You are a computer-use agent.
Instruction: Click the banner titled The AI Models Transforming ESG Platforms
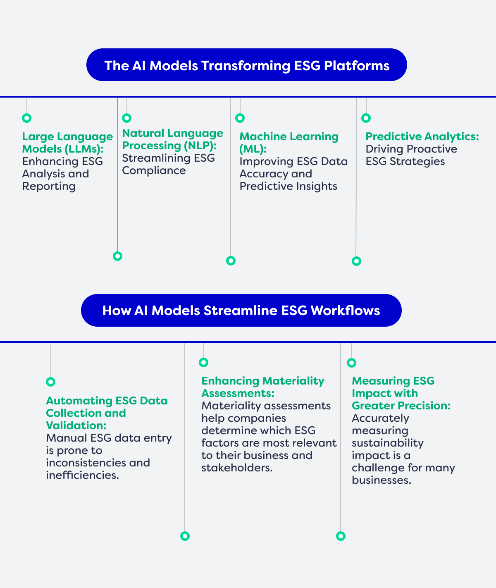pyautogui.click(x=247, y=65)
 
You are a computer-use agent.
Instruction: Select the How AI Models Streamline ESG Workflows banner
pyautogui.click(x=241, y=310)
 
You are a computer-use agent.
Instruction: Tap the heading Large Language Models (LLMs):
pyautogui.click(x=67, y=143)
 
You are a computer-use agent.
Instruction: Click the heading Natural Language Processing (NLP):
pyautogui.click(x=172, y=139)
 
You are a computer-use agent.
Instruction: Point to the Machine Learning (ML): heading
pyautogui.click(x=289, y=143)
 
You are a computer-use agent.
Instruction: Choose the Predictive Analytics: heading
pyautogui.click(x=422, y=136)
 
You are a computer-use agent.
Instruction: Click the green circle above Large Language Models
pyautogui.click(x=27, y=118)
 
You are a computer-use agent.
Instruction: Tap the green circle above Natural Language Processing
pyautogui.click(x=126, y=118)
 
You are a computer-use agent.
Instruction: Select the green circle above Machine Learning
pyautogui.click(x=240, y=118)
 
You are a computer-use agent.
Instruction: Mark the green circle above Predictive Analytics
pyautogui.click(x=366, y=118)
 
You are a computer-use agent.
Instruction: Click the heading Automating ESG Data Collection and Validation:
pyautogui.click(x=107, y=413)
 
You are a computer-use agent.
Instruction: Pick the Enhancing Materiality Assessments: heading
pyautogui.click(x=263, y=387)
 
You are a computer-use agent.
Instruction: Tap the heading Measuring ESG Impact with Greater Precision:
pyautogui.click(x=401, y=393)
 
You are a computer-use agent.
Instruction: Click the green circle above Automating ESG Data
pyautogui.click(x=51, y=382)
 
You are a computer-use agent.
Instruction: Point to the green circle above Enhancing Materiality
pyautogui.click(x=203, y=362)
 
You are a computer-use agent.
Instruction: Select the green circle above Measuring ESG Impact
pyautogui.click(x=352, y=363)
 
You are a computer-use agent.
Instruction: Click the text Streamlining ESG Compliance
pyautogui.click(x=168, y=164)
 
